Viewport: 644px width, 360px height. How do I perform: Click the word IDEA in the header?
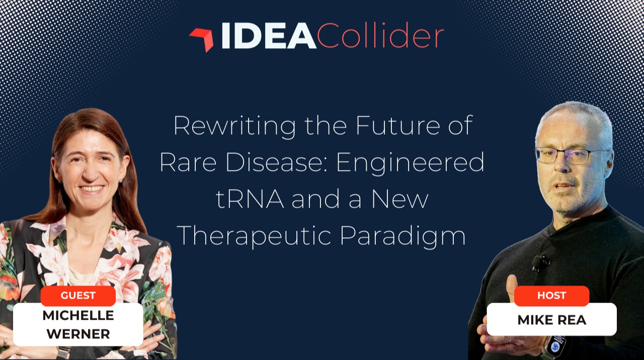(x=269, y=36)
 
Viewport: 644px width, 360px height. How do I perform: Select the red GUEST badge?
(x=78, y=296)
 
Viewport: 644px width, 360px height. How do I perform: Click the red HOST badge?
(x=551, y=296)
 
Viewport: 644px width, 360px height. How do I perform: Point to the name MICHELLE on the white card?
(x=78, y=315)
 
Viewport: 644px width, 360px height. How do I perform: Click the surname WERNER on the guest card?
(x=78, y=334)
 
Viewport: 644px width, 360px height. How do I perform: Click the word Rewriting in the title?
(x=234, y=126)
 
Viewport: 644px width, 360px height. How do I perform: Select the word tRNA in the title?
(x=250, y=199)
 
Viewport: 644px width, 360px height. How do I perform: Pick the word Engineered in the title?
(x=410, y=163)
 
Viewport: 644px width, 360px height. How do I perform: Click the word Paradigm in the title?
(x=403, y=236)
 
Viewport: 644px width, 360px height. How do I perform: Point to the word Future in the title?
(x=398, y=126)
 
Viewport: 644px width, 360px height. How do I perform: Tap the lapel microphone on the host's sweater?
(x=538, y=262)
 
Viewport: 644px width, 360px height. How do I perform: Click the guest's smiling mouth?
(x=92, y=189)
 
